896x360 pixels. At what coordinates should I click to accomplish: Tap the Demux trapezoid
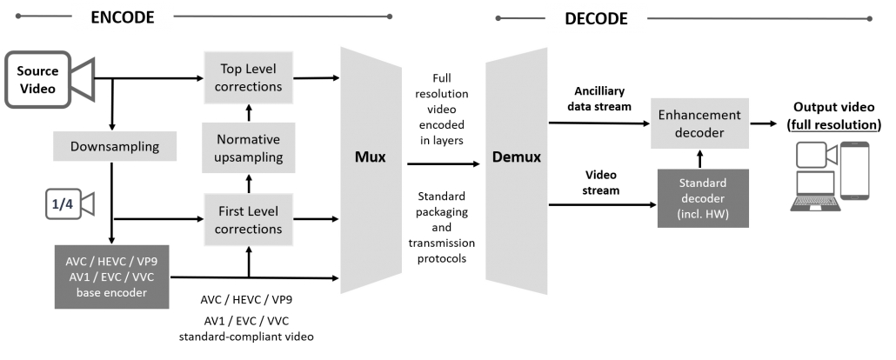[x=517, y=159]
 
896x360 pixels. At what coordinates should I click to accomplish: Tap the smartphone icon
[x=855, y=172]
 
